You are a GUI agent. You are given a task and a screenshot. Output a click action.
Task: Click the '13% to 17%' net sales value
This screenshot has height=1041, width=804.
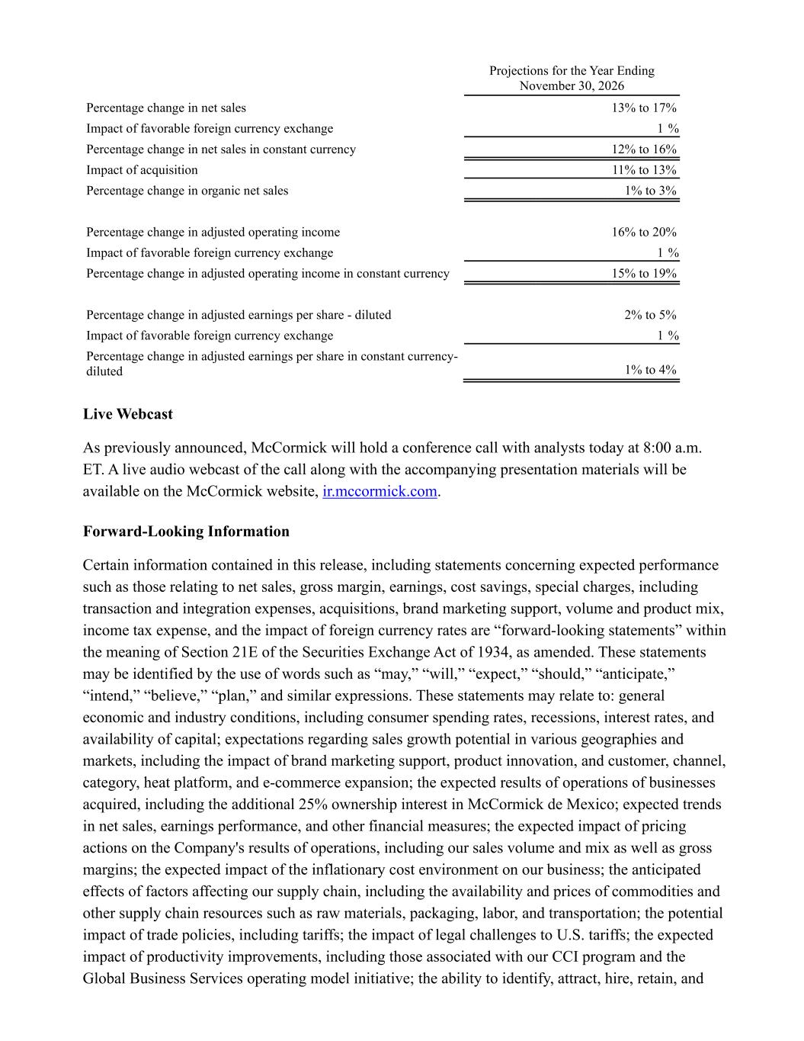point(643,108)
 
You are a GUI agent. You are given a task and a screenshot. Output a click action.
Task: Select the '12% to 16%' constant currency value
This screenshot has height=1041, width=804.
point(643,149)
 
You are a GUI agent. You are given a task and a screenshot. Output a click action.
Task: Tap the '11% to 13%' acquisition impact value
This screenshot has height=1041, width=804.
point(643,170)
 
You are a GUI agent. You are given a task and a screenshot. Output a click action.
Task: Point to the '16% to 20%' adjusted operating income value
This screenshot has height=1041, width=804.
point(643,232)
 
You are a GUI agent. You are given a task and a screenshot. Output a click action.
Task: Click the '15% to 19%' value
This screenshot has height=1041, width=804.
point(643,273)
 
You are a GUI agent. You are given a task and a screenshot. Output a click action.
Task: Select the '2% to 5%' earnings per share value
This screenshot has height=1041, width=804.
point(649,315)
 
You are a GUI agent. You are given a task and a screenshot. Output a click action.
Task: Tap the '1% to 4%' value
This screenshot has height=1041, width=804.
point(649,370)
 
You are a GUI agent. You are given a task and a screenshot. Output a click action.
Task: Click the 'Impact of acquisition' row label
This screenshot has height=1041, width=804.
point(142,170)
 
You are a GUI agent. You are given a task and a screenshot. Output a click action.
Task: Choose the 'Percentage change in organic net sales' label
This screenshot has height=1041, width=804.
point(187,191)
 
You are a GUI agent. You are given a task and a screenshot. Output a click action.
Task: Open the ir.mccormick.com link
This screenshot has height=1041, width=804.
point(380,491)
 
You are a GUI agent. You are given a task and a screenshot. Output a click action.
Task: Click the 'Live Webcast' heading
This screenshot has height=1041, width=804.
point(128,414)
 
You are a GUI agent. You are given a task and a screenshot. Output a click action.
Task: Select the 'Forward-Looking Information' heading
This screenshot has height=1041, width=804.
point(186,532)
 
